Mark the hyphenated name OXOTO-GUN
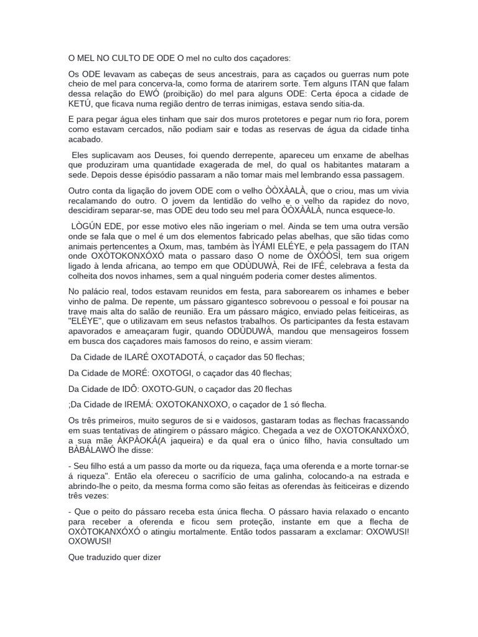tap(181, 389)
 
